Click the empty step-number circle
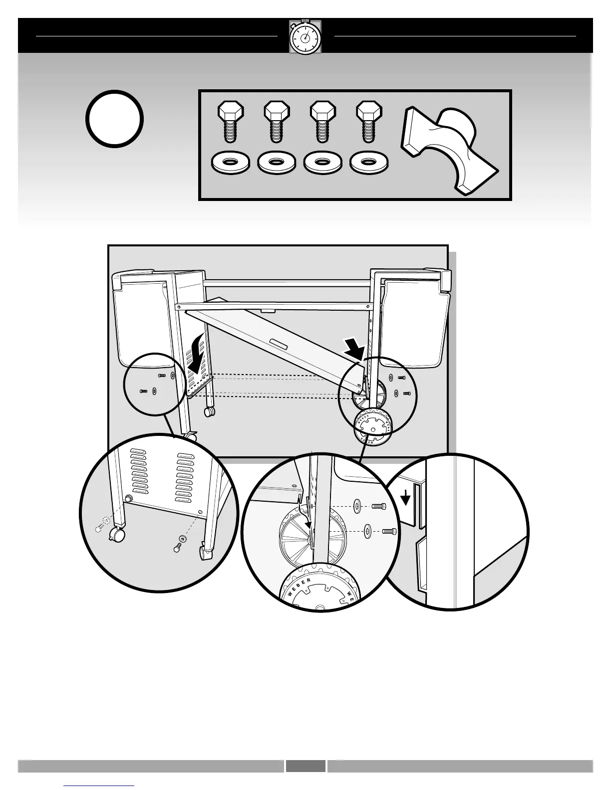115,119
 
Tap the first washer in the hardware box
231,163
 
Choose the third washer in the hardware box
323,163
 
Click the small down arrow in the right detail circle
407,497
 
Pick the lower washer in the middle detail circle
367,531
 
